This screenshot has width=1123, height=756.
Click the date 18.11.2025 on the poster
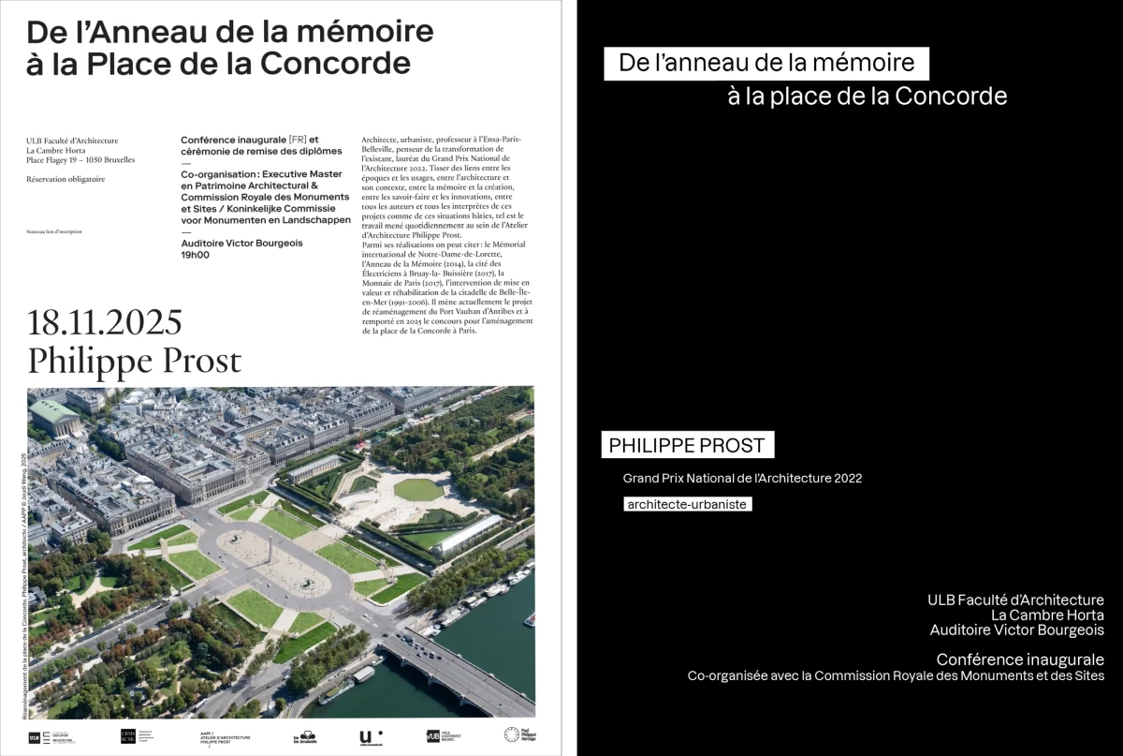pyautogui.click(x=104, y=322)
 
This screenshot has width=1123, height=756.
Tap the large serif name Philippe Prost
pyautogui.click(x=134, y=361)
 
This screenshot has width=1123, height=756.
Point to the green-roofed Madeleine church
pyautogui.click(x=54, y=416)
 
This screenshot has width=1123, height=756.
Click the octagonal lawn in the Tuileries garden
pyautogui.click(x=418, y=489)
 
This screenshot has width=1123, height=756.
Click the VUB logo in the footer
pyautogui.click(x=433, y=736)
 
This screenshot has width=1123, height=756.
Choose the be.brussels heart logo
pyautogui.click(x=305, y=736)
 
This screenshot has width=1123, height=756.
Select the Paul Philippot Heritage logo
pyautogui.click(x=519, y=735)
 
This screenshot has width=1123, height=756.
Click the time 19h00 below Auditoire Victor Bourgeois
pyautogui.click(x=195, y=255)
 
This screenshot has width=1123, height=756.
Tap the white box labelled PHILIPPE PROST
pyautogui.click(x=687, y=445)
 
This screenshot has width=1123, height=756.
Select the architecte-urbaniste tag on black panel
pyautogui.click(x=688, y=504)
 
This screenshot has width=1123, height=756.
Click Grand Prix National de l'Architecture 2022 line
pyautogui.click(x=742, y=478)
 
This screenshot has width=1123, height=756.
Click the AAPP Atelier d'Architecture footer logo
pyautogui.click(x=226, y=736)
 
